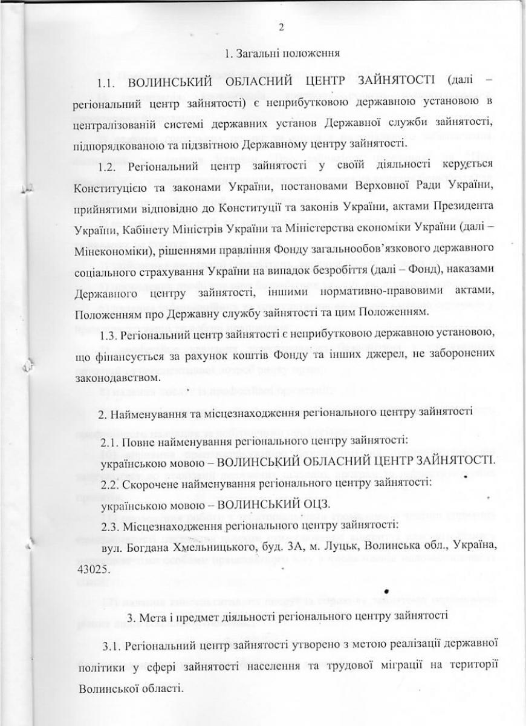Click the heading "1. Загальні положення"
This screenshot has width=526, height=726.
[281, 53]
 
